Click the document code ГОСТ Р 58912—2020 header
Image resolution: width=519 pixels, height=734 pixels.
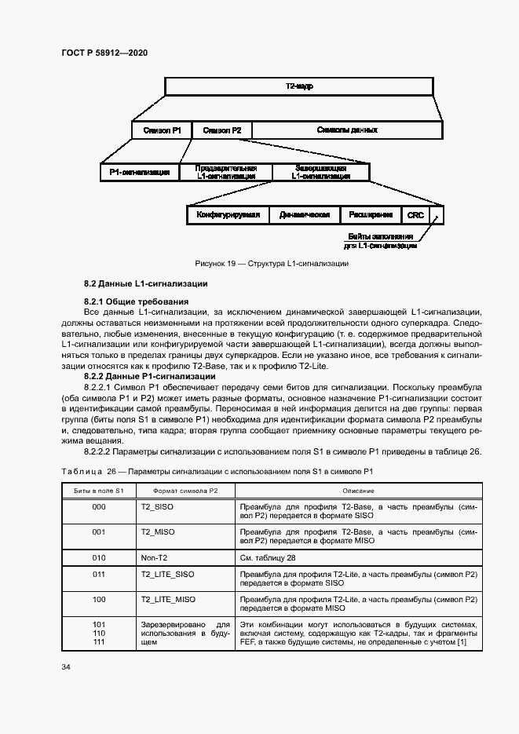point(104,53)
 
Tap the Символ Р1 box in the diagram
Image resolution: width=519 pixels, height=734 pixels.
point(162,130)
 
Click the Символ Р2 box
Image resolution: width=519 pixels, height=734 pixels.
point(221,130)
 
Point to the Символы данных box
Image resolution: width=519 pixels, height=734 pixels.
point(346,130)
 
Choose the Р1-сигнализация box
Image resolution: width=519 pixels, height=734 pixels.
point(140,172)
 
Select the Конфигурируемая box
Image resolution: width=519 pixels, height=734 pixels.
point(228,214)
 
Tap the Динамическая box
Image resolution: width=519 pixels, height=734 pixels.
point(304,214)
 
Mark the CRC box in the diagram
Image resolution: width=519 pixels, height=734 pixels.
point(415,214)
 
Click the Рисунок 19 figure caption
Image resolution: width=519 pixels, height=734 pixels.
point(272,264)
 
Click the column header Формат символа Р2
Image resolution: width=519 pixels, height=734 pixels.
point(185,490)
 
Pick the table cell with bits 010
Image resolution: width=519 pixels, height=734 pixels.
point(99,558)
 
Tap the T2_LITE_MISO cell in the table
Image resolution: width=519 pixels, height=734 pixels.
point(168,599)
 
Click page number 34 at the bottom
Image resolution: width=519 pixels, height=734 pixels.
point(66,667)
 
